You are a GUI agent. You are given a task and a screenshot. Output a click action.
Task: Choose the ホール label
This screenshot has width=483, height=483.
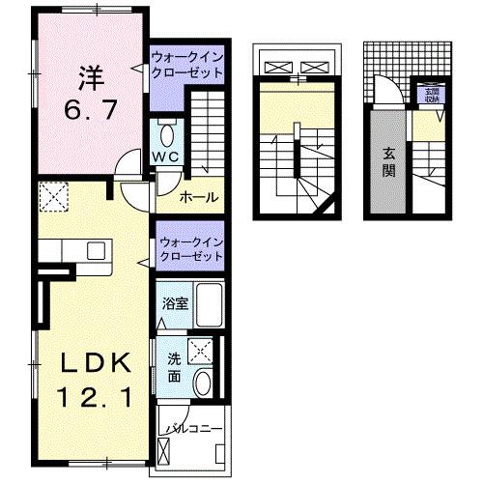coord(198,198)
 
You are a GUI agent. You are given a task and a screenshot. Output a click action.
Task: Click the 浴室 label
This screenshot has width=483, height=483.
coord(175,302)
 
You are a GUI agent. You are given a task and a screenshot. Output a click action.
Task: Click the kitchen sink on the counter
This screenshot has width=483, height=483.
coord(96,250)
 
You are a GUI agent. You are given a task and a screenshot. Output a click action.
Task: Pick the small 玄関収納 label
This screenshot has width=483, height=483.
coord(430,95)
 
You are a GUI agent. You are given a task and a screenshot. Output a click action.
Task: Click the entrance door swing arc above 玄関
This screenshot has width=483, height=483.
coord(386,91)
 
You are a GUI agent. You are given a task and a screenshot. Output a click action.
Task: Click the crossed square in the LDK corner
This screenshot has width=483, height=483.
coord(51,198)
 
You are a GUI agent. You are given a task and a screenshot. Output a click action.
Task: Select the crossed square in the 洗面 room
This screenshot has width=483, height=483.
coord(200,351)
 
